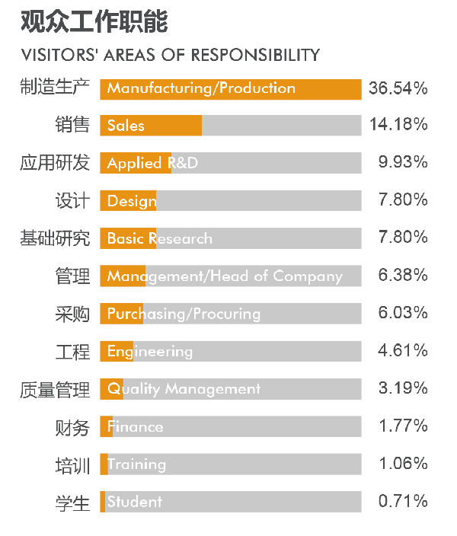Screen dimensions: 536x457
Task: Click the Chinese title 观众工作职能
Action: [94, 22]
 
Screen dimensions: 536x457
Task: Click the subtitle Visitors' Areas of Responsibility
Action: [171, 55]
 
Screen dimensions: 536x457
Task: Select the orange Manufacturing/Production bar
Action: [230, 88]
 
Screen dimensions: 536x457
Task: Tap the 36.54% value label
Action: [398, 88]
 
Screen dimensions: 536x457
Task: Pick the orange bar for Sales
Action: [151, 126]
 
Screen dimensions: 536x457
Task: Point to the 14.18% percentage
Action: [398, 125]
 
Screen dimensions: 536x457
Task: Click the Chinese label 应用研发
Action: [55, 163]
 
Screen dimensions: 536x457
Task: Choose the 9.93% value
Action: [402, 162]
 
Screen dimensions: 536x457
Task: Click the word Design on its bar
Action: [132, 201]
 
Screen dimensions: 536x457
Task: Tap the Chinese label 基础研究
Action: [55, 238]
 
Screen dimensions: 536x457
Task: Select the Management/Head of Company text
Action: [225, 276]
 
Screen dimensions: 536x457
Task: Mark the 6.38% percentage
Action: [402, 275]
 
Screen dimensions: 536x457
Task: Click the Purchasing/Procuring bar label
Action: [184, 314]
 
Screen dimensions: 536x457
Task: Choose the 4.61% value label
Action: [402, 350]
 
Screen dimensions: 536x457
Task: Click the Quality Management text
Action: [184, 389]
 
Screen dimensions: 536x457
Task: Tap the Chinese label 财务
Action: [72, 428]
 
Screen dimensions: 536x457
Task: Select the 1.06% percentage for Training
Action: [402, 464]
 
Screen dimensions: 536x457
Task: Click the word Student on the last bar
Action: [134, 502]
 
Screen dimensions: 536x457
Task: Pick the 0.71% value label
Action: [402, 501]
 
